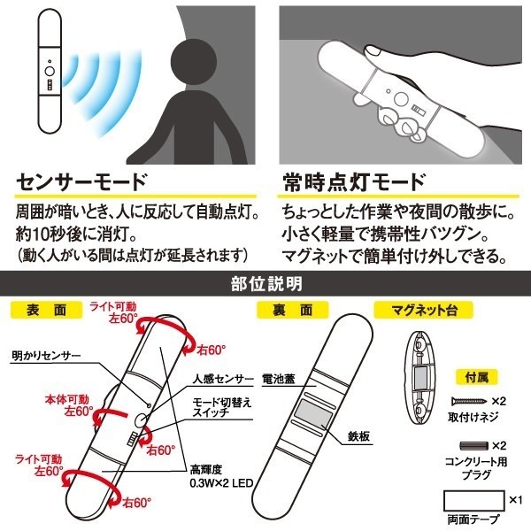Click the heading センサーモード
(x=81, y=181)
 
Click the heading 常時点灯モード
(x=354, y=181)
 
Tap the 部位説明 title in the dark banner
(x=266, y=284)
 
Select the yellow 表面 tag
(x=46, y=310)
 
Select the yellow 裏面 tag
(x=292, y=310)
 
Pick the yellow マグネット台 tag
(x=423, y=310)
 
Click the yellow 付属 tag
(x=476, y=377)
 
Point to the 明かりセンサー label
(x=46, y=355)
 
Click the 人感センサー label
(x=223, y=379)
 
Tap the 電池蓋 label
(x=279, y=379)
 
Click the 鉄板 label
(x=358, y=436)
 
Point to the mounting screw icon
(x=469, y=401)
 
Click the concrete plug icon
(x=473, y=446)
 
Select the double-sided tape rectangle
(x=474, y=501)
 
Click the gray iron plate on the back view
(x=312, y=412)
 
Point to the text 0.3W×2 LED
(x=221, y=483)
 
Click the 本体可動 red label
(x=67, y=400)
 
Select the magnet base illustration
(x=420, y=378)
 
